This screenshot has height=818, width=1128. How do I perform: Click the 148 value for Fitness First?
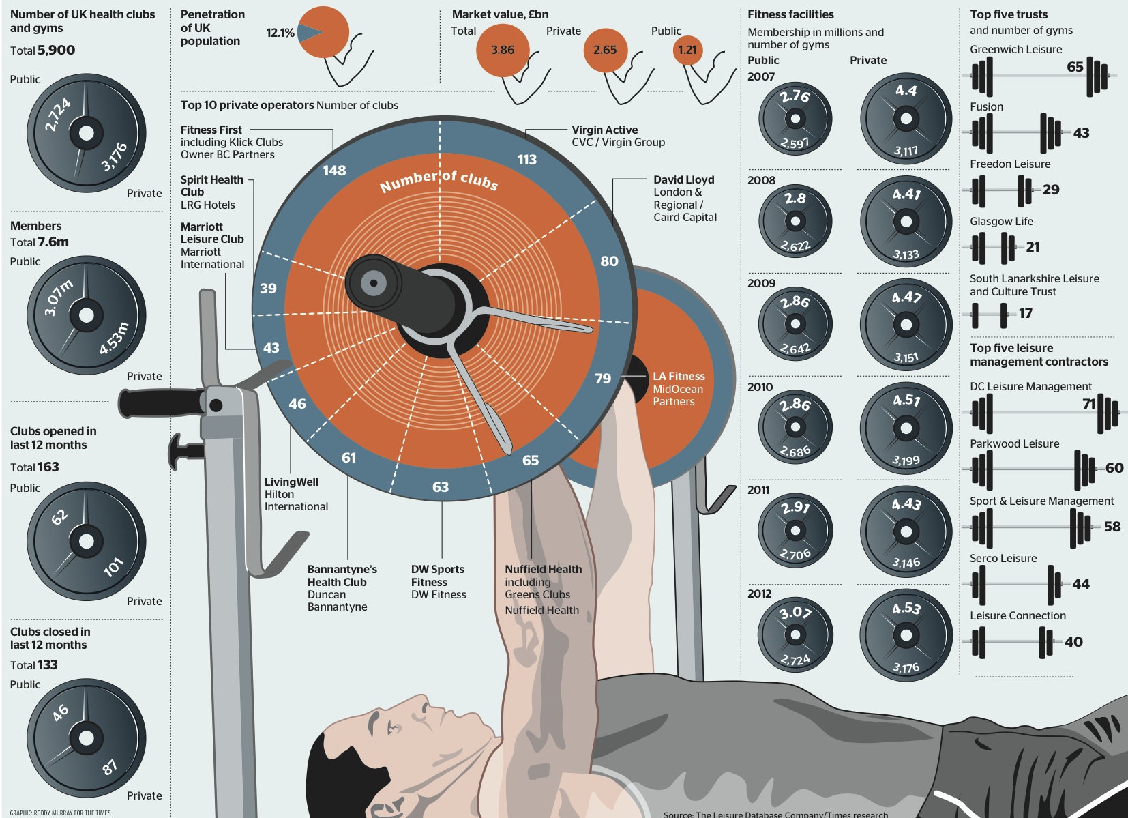pos(334,171)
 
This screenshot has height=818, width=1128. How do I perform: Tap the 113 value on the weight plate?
pos(527,160)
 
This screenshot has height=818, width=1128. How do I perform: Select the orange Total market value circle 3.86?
pos(503,50)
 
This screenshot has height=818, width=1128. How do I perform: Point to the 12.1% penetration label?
pos(280,33)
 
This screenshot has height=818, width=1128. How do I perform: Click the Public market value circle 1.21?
pos(687,50)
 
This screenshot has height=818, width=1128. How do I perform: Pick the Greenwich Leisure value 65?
pos(1075,67)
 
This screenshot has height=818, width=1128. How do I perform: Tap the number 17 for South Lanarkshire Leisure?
pos(1026,313)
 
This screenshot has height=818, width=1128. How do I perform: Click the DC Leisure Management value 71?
pos(1088,404)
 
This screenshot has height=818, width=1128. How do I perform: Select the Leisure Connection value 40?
pos(1073,642)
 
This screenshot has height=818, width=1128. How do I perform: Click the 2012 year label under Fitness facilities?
pos(759,594)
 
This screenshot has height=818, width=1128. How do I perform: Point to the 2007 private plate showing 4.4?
pos(906,119)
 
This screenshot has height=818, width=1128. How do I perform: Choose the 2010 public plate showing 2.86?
pos(795,428)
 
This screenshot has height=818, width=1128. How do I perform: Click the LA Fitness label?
pos(679,377)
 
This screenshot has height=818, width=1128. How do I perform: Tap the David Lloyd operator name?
pos(683,180)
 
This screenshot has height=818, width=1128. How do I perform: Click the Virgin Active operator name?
pos(604,130)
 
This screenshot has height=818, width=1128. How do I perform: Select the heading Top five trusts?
pos(1009,14)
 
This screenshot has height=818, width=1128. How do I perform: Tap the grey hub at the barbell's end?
pos(373,282)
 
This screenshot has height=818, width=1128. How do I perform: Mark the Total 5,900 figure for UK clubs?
pos(56,50)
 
